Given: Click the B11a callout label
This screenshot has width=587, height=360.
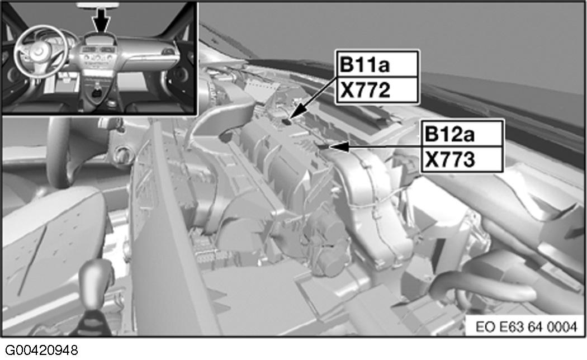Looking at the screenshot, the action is pos(364,65).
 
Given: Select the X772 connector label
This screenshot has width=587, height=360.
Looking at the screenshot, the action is pos(365,90).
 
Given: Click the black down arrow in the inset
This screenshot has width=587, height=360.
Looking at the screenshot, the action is pos(101,19).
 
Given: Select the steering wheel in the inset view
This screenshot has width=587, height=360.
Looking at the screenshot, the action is pos(41,52).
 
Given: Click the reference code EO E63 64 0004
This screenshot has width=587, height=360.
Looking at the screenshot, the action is pos(526,326).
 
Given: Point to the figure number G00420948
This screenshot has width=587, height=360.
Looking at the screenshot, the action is pos(41,350).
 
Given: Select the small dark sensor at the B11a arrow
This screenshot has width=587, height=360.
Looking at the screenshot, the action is pos(287,121).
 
